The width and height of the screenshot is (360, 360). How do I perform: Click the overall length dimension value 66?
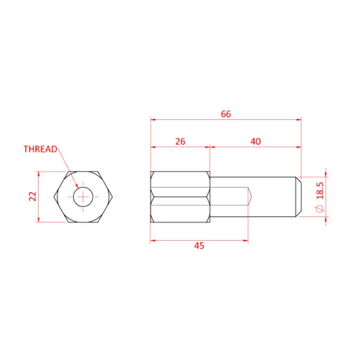coord(226,114)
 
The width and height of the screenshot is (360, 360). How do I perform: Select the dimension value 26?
coord(180,142)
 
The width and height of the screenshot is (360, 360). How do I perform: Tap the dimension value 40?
coord(255,142)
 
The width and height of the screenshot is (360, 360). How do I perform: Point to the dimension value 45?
coord(199,246)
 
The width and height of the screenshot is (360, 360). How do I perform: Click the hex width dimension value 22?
coord(32,196)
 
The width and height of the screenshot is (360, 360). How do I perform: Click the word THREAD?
coord(40,149)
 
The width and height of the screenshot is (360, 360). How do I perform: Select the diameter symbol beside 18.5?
coord(320,209)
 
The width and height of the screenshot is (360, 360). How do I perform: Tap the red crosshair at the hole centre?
coord(84,196)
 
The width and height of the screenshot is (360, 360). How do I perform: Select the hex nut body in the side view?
coord(180,196)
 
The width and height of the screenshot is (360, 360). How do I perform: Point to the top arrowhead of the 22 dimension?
coord(38,173)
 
